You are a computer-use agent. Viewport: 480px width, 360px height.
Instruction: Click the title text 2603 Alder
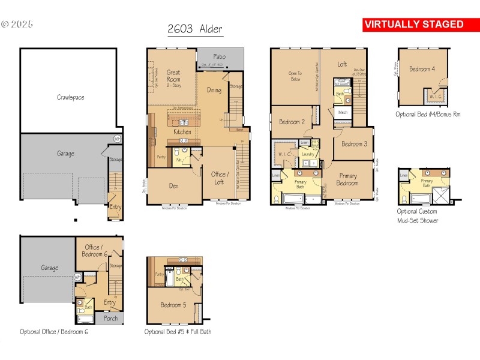[194, 29]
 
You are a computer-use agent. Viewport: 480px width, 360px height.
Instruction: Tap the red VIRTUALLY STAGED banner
[414, 25]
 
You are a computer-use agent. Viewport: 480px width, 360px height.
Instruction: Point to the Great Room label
[173, 76]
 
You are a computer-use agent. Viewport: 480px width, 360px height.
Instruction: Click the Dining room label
[214, 90]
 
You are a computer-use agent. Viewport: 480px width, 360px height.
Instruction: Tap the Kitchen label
[182, 131]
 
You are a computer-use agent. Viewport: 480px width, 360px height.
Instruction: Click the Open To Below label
[295, 76]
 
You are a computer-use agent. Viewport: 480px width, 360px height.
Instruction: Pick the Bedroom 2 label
[292, 122]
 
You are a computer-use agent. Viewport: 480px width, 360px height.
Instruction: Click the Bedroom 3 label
[354, 144]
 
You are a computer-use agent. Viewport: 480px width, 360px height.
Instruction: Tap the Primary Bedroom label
[347, 179]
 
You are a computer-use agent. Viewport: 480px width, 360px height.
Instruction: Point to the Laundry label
[308, 154]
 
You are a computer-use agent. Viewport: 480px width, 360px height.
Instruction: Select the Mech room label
[343, 112]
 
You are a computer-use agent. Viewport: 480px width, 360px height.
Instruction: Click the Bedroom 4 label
[422, 69]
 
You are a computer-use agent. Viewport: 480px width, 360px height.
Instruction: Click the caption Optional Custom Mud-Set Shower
[418, 216]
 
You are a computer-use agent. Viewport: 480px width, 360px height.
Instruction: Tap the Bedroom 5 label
[173, 305]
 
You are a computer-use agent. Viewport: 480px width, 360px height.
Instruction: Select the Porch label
[110, 319]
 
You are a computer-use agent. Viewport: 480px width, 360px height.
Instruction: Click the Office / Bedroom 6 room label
[92, 251]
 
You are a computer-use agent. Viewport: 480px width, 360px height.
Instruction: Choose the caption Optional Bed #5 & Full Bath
[178, 331]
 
